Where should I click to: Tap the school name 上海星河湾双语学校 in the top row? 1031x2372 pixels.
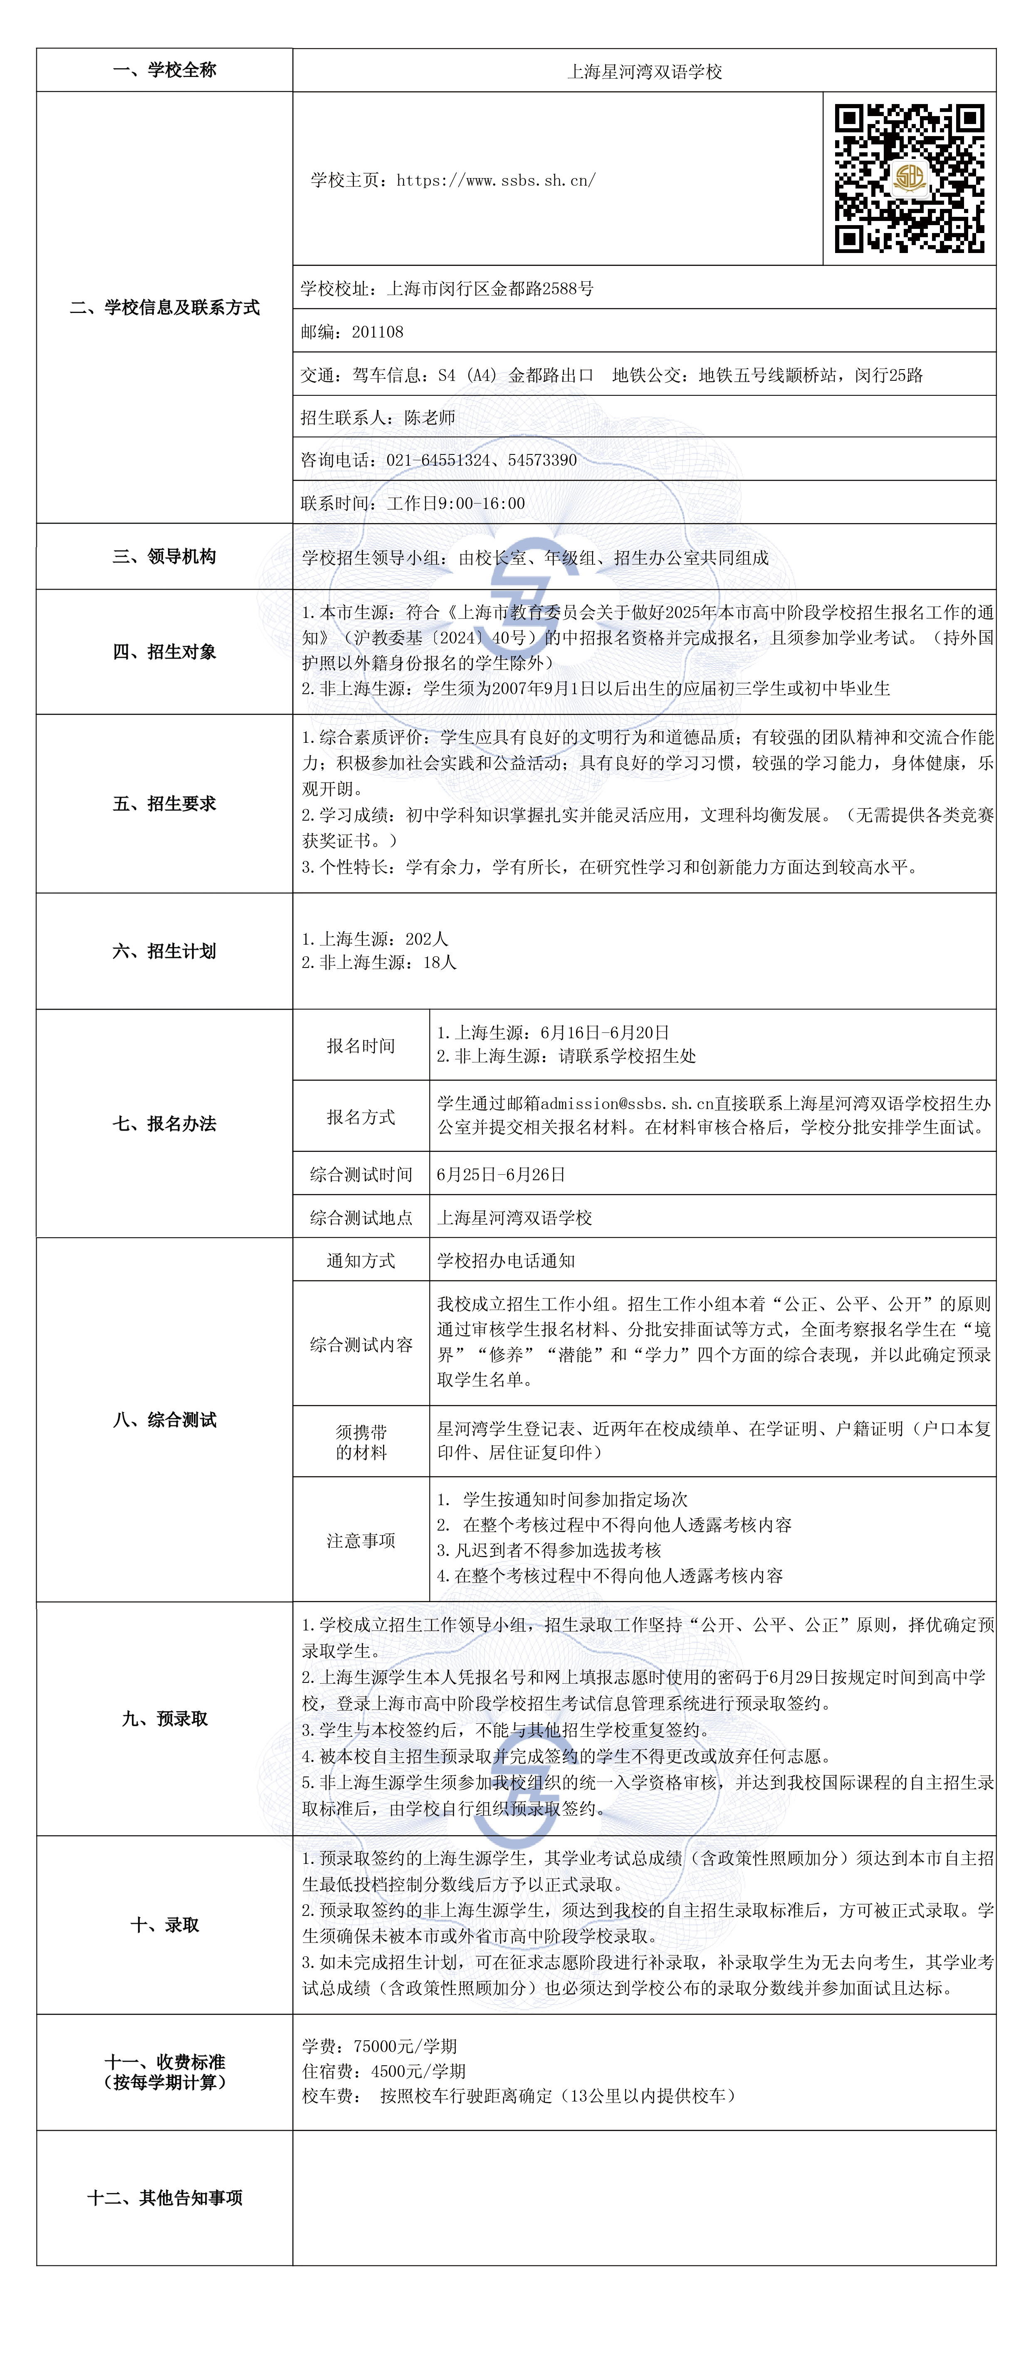pos(644,71)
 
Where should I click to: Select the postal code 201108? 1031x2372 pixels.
pos(377,332)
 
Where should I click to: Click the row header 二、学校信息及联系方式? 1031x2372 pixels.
pos(165,308)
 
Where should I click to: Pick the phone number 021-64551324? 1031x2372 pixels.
pos(438,459)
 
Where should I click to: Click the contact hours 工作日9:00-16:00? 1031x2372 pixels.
pos(456,503)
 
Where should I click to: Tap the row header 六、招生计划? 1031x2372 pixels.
pos(165,951)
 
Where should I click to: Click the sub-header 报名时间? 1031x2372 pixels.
pos(361,1045)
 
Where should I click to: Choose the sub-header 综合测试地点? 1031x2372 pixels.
pos(361,1217)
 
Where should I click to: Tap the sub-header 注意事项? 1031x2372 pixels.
pos(361,1541)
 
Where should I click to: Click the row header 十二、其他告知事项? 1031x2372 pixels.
pos(165,2198)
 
